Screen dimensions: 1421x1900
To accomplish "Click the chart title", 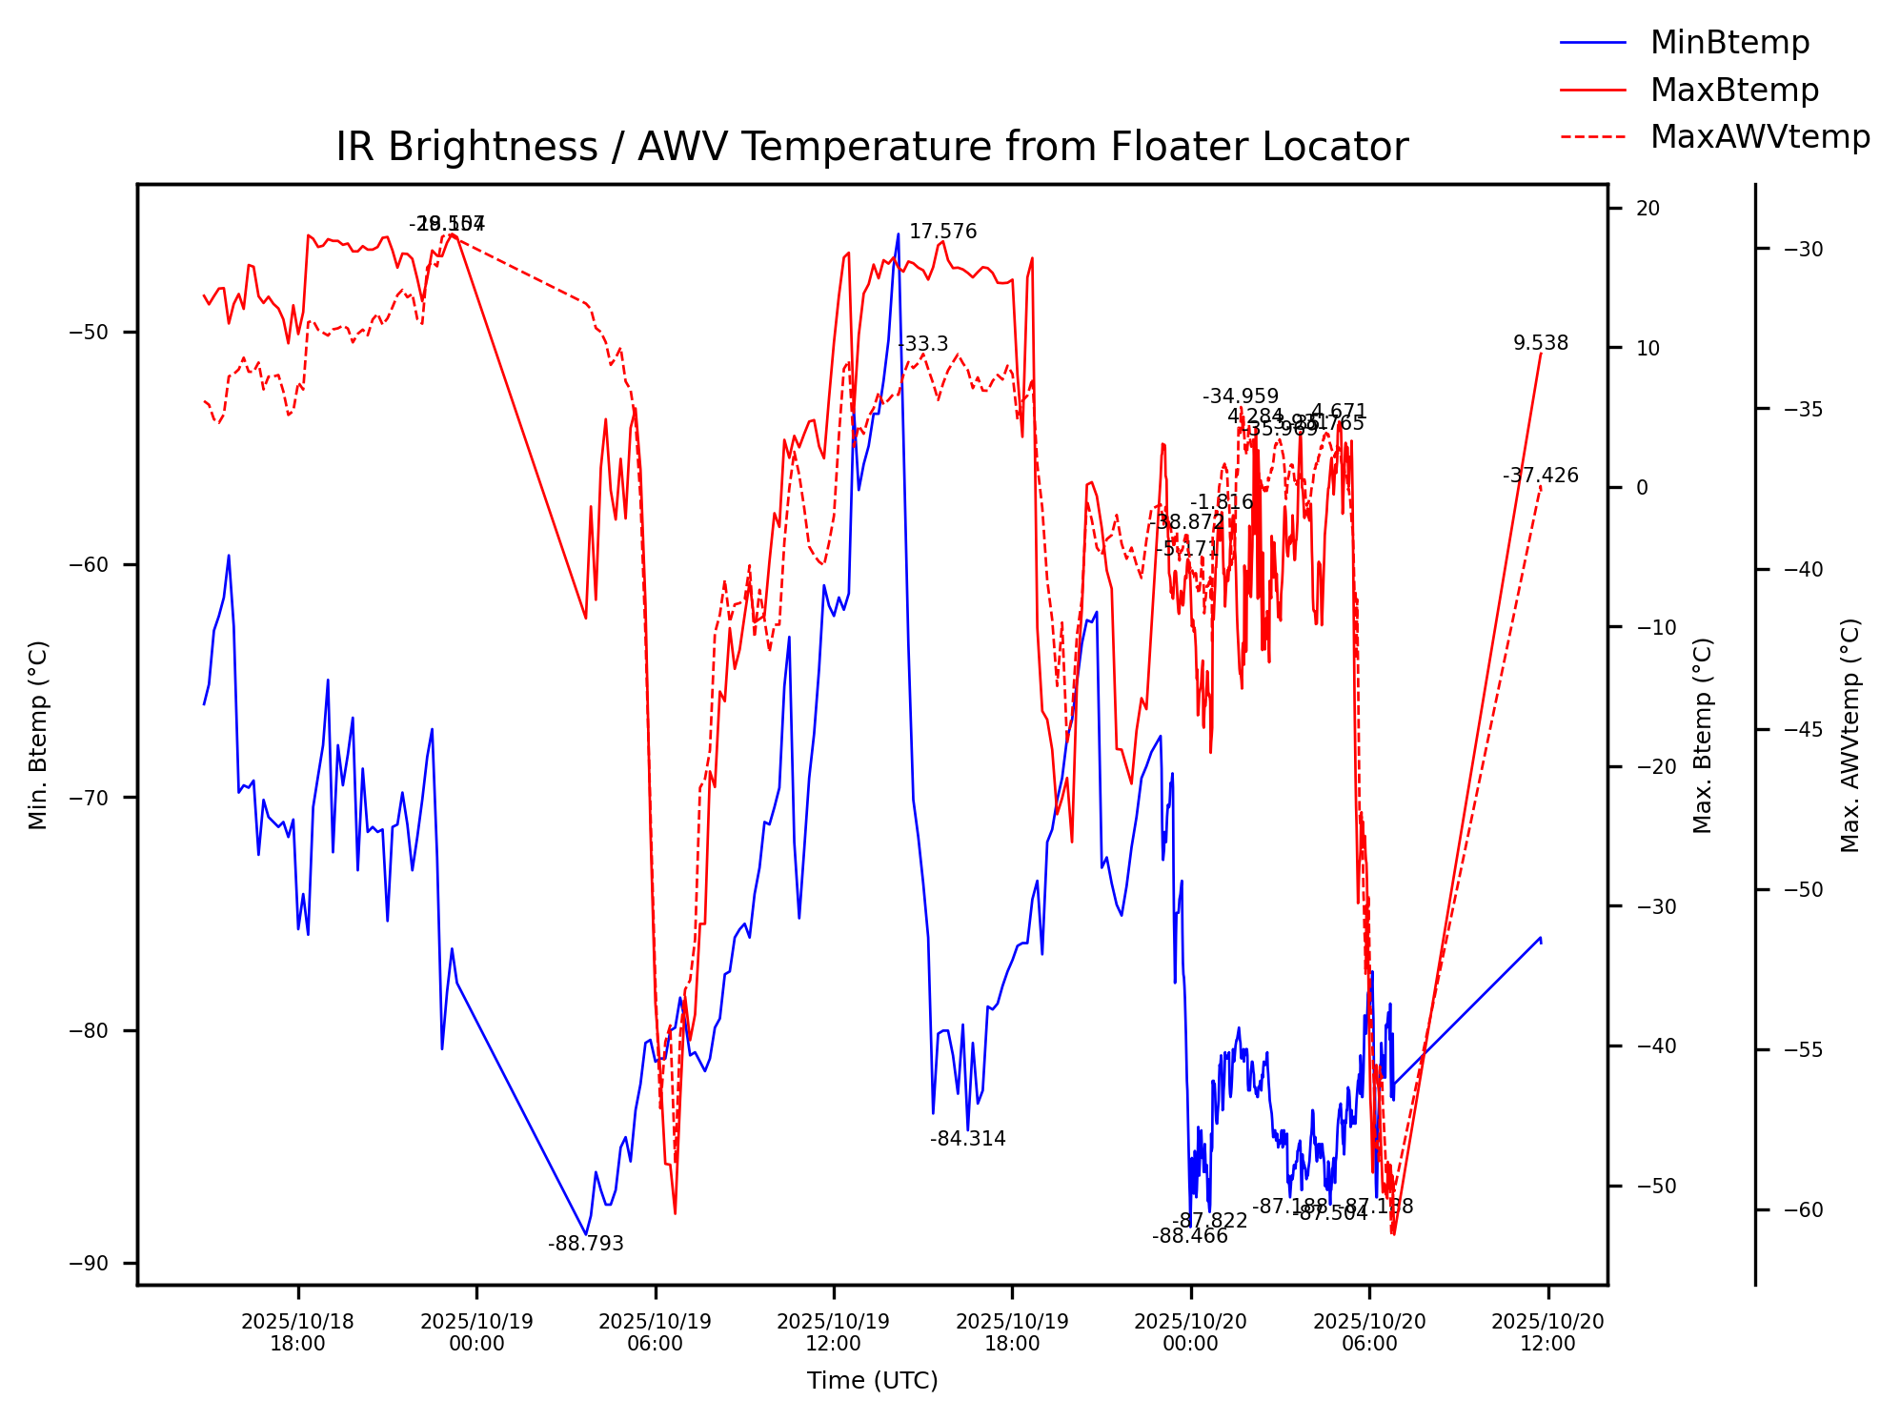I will [871, 148].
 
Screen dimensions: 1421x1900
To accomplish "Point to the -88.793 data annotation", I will [585, 1244].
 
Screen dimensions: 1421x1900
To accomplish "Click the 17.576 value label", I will [942, 232].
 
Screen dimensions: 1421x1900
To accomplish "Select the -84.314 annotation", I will [967, 1139].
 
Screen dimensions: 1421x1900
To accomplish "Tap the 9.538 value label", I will [1540, 343].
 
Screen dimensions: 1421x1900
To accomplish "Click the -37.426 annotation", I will [1540, 476].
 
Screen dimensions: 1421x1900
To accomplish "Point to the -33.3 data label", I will [922, 344].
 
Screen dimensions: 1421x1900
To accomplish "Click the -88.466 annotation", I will [1189, 1237].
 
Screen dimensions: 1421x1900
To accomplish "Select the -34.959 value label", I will [1240, 396].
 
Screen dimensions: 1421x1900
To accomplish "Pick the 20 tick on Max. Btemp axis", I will [1647, 209].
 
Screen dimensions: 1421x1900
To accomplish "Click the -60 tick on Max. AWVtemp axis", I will [1802, 1210].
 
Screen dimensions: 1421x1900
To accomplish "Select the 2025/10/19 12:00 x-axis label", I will [833, 1332].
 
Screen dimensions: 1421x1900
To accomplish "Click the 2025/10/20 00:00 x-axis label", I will [1190, 1332].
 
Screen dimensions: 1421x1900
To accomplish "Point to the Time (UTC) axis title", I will [872, 1381].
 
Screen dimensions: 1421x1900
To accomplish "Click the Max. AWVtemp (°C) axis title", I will [1849, 735].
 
